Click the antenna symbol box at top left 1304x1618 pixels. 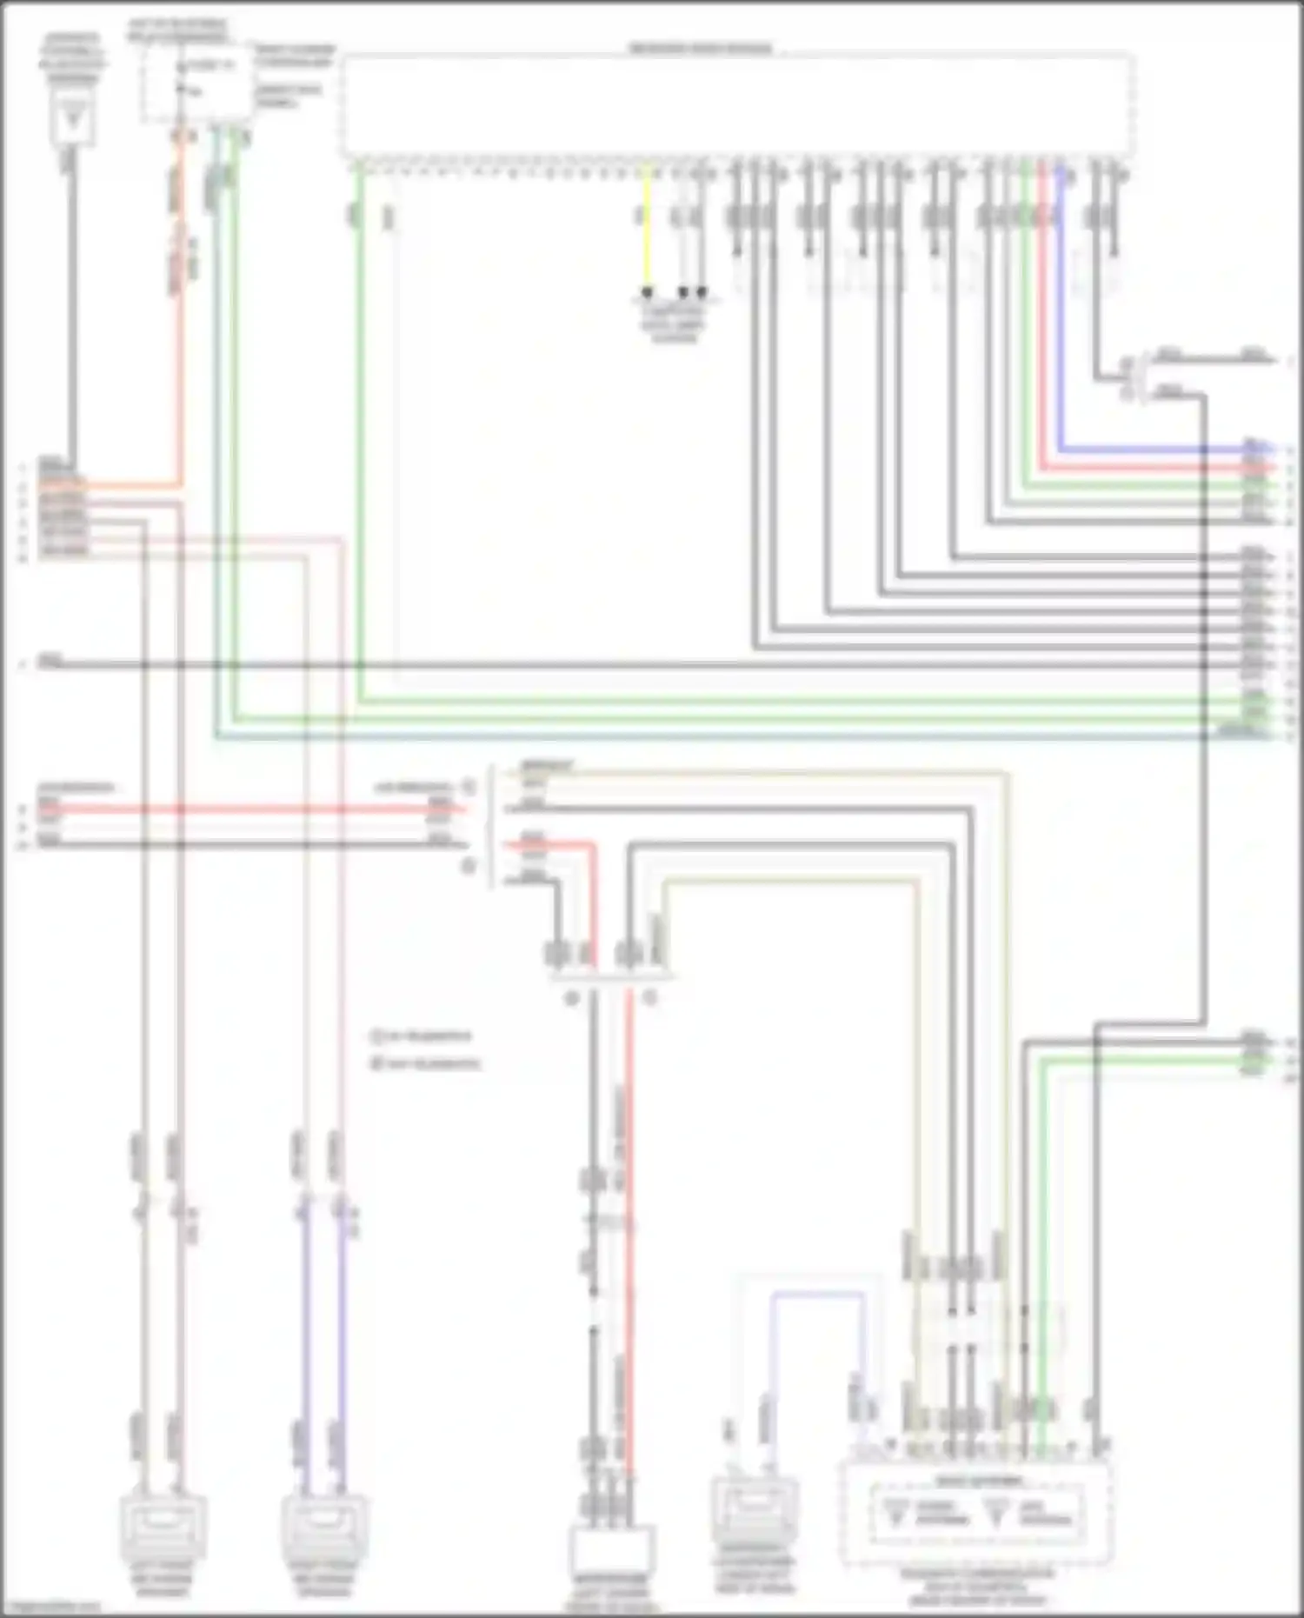coord(72,120)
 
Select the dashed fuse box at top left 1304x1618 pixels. coord(196,83)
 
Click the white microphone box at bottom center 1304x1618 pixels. coord(611,1553)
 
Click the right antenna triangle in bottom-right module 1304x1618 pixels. coord(997,1514)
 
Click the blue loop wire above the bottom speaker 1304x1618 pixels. coord(817,1295)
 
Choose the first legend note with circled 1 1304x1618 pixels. coord(422,1035)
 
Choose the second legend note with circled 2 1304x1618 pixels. coord(426,1063)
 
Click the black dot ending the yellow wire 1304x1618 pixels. coord(646,292)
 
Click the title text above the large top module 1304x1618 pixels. coord(700,49)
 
